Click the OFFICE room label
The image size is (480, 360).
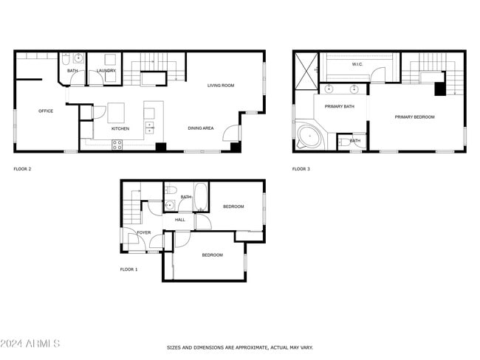pyautogui.click(x=46, y=111)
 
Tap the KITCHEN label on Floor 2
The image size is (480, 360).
pyautogui.click(x=120, y=129)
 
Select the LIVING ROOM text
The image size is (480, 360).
pyautogui.click(x=220, y=86)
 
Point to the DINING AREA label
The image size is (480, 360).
pyautogui.click(x=200, y=128)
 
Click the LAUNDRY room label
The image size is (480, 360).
pyautogui.click(x=106, y=71)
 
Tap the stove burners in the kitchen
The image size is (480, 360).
pyautogui.click(x=117, y=145)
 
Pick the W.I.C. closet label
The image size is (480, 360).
pyautogui.click(x=357, y=64)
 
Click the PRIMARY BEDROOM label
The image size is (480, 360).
pyautogui.click(x=414, y=117)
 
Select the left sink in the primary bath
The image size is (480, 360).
pyautogui.click(x=329, y=89)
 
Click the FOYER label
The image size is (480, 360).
pyautogui.click(x=143, y=232)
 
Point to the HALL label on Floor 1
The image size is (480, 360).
pyautogui.click(x=179, y=220)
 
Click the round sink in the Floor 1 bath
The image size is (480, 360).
pyautogui.click(x=171, y=207)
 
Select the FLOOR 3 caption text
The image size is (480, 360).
pyautogui.click(x=301, y=169)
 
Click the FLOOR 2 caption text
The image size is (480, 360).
pyautogui.click(x=22, y=169)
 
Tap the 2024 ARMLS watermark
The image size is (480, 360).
pyautogui.click(x=31, y=344)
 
